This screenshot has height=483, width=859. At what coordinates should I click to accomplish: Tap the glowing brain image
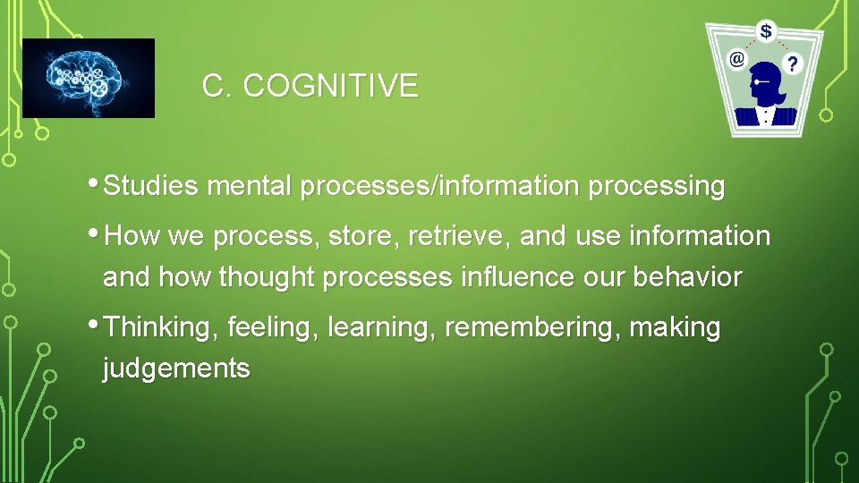point(88,78)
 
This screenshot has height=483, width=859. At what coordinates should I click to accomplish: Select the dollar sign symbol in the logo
point(766,31)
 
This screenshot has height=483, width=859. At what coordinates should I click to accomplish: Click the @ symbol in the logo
point(737,60)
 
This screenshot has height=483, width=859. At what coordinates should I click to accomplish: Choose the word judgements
point(176,369)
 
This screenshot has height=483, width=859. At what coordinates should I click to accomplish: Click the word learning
point(382,328)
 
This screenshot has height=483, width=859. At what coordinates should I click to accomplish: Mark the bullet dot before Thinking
point(96,324)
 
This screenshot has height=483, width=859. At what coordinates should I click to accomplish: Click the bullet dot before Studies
point(96,183)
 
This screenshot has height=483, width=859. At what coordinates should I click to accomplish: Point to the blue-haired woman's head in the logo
point(768,82)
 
